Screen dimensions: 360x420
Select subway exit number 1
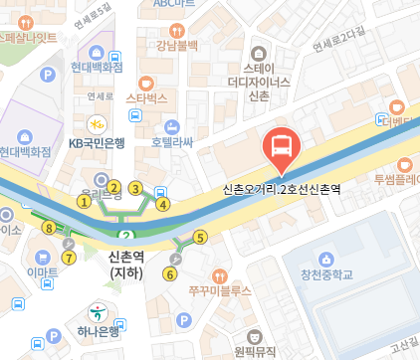pyautogui.click(x=85, y=201)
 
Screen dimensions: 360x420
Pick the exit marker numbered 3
pyautogui.click(x=136, y=188)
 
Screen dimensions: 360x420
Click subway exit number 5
pyautogui.click(x=200, y=237)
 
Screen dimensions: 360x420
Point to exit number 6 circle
pyautogui.click(x=170, y=273)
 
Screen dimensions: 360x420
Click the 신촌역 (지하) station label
pyautogui.click(x=127, y=264)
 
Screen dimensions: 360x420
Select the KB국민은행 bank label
pyautogui.click(x=97, y=143)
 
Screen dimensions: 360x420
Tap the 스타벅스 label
pyautogui.click(x=147, y=99)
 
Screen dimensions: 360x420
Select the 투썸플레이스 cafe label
pyautogui.click(x=397, y=180)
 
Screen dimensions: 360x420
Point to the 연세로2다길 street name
pyautogui.click(x=339, y=40)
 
